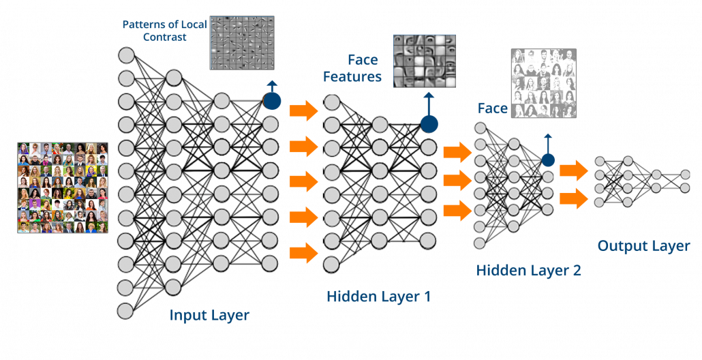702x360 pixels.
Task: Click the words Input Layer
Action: (x=209, y=316)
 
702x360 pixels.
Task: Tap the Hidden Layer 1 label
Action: (x=378, y=297)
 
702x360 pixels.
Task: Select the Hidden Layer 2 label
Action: (x=528, y=270)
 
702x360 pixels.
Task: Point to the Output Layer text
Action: (x=643, y=246)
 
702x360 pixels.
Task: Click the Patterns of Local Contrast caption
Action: (x=164, y=31)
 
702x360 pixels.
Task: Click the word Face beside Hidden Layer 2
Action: (x=492, y=108)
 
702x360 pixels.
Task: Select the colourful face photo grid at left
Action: (x=63, y=187)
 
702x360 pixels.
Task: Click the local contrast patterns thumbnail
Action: (x=241, y=43)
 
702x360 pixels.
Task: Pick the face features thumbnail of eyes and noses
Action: (x=424, y=61)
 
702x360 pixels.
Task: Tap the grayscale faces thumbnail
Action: (x=543, y=83)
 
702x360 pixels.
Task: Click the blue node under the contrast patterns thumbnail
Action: (x=271, y=102)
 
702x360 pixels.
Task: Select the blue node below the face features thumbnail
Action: (x=429, y=123)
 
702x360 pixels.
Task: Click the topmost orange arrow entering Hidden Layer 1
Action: (x=303, y=110)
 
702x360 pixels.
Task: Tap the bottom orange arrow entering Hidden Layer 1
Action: (x=303, y=253)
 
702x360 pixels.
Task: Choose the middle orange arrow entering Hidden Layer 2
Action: (x=457, y=180)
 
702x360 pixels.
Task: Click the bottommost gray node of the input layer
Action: (x=125, y=311)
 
